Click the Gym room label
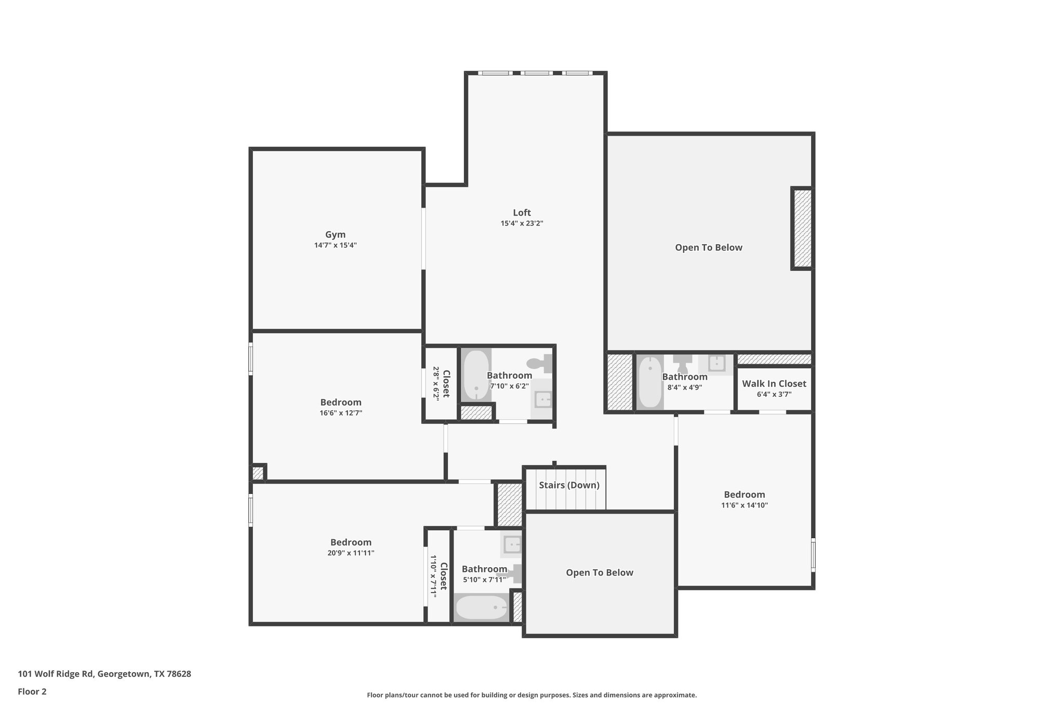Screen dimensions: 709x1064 coord(335,235)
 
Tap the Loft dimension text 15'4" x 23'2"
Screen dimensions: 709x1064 coord(522,223)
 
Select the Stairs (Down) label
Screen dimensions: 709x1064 coord(569,485)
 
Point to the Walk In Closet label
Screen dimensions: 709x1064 coord(774,384)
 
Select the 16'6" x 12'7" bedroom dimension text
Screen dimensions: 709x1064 coord(341,413)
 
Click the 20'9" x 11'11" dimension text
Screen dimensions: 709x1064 coord(351,553)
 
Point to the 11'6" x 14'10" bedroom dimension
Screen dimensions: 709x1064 coord(744,505)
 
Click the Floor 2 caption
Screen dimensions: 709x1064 coord(32,691)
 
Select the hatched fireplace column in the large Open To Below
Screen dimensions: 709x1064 coord(802,229)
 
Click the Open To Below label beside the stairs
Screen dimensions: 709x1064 coord(599,573)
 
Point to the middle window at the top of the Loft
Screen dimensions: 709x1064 coord(537,73)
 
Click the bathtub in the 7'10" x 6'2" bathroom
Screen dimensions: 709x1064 coord(476,375)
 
